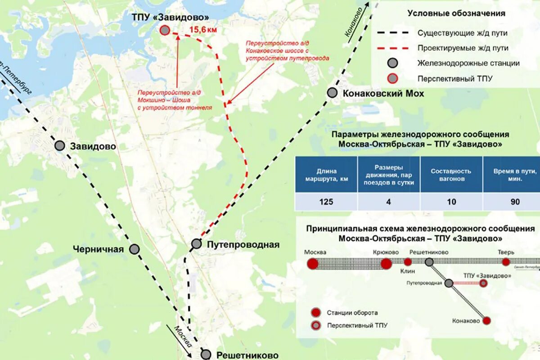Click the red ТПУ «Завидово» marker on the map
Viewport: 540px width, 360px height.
(165, 30)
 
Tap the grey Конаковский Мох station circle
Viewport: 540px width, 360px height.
(332, 93)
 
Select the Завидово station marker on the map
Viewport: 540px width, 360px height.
(60, 145)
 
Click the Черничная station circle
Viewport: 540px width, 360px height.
(135, 249)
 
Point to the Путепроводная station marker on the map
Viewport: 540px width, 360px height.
(196, 244)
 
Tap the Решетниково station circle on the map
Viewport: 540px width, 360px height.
(206, 354)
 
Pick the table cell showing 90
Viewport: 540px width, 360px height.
(515, 202)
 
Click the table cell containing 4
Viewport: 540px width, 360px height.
(388, 202)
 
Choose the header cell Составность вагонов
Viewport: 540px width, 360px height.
(451, 175)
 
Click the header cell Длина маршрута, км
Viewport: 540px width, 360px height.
(326, 175)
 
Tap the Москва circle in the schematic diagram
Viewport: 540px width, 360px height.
(312, 264)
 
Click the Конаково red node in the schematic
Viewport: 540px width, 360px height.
(486, 320)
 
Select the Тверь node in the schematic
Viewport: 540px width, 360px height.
(506, 262)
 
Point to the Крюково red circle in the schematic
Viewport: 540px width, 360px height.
(386, 264)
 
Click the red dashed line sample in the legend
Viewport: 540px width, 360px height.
(392, 48)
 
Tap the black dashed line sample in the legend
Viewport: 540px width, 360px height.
(392, 33)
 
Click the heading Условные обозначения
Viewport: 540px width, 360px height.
(456, 13)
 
